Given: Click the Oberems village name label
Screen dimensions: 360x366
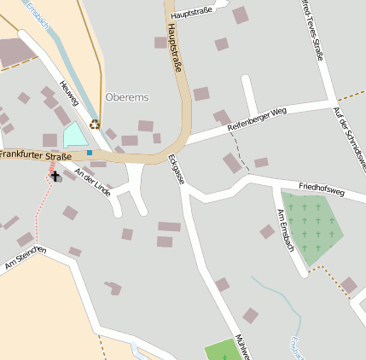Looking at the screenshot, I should [x=127, y=97].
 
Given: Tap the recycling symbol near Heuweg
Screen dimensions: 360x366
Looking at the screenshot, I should [x=95, y=124].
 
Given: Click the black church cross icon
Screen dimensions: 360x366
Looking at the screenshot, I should [x=56, y=177].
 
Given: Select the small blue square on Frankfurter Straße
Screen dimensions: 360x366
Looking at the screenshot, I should [x=89, y=153].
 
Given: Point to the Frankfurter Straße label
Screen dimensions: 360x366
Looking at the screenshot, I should [x=35, y=155].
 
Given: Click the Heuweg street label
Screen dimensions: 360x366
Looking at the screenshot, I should [x=68, y=94].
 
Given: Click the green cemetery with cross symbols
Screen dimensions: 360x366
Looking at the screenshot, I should [x=311, y=226].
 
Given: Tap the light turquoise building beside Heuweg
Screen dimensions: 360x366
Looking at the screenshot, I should [x=75, y=134].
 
